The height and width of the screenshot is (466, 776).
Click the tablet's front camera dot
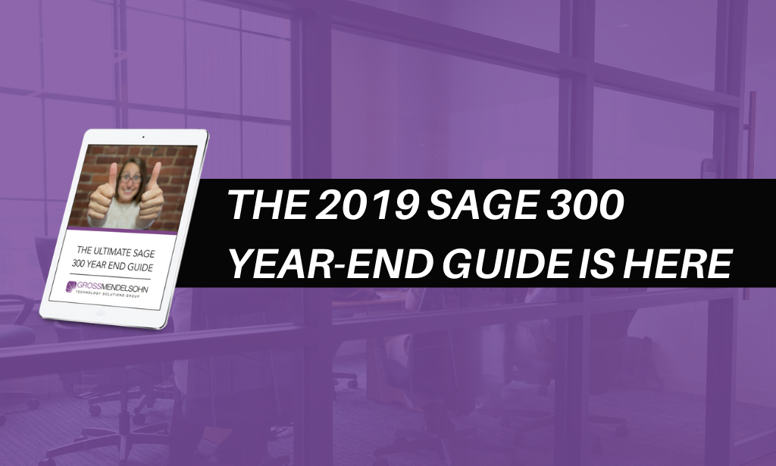pyautogui.click(x=142, y=138)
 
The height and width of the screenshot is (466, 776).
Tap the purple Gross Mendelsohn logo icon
pyautogui.click(x=73, y=286)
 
